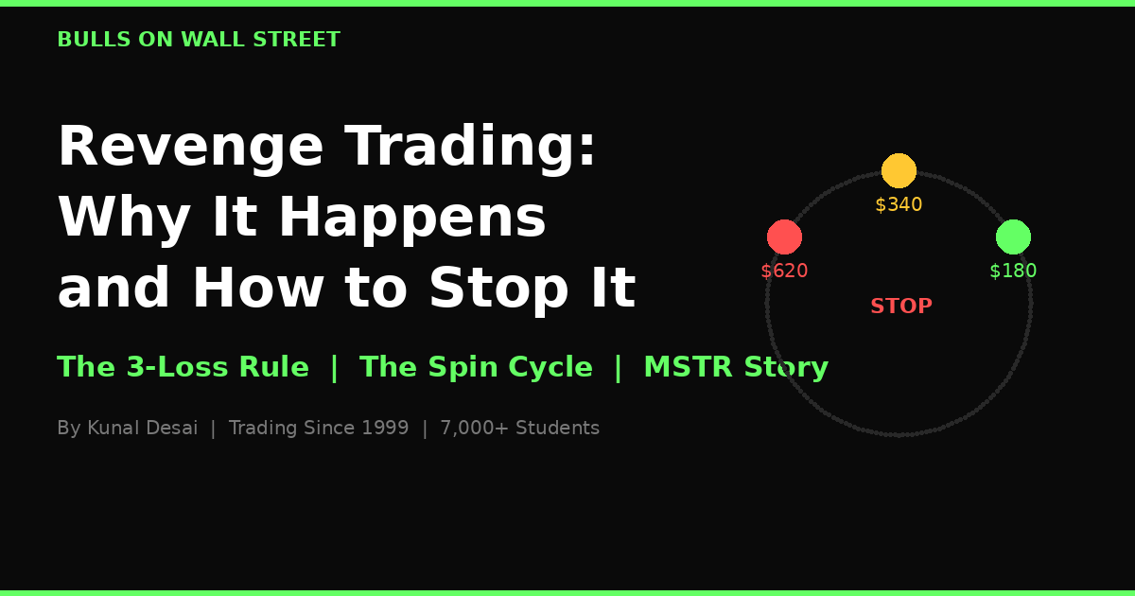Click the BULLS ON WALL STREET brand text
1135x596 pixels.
pyautogui.click(x=199, y=41)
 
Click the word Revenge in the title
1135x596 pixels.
pyautogui.click(x=190, y=148)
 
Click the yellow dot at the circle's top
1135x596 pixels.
pyautogui.click(x=899, y=170)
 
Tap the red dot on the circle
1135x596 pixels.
pyautogui.click(x=784, y=237)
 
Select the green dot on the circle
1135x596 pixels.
pyautogui.click(x=1013, y=237)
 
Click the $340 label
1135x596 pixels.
pyautogui.click(x=899, y=205)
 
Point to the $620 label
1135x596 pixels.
pyautogui.click(x=784, y=272)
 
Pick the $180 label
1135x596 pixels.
pyautogui.click(x=1013, y=272)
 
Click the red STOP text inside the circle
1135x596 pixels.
pyautogui.click(x=900, y=307)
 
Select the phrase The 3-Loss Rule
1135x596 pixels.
pyautogui.click(x=183, y=368)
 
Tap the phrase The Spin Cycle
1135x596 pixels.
pyautogui.click(x=476, y=368)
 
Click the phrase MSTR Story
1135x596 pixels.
pyautogui.click(x=735, y=368)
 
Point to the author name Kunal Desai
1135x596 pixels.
pyautogui.click(x=142, y=429)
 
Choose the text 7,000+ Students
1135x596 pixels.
pyautogui.click(x=519, y=429)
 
